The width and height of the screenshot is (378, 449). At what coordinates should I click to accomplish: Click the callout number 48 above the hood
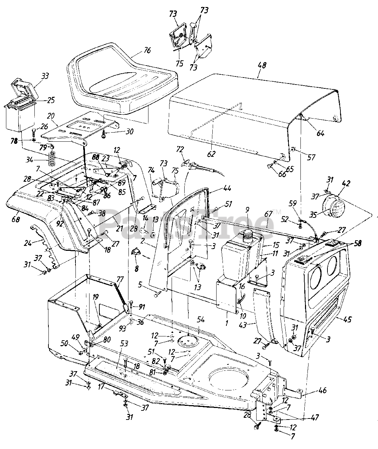262,65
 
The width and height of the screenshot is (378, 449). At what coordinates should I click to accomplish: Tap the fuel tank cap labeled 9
248,234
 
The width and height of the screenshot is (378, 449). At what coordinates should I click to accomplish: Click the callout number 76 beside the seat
147,51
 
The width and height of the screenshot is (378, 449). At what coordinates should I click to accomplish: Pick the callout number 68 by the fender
16,220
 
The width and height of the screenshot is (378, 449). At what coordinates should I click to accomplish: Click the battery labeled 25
20,116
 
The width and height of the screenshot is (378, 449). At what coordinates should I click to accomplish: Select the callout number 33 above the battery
45,75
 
